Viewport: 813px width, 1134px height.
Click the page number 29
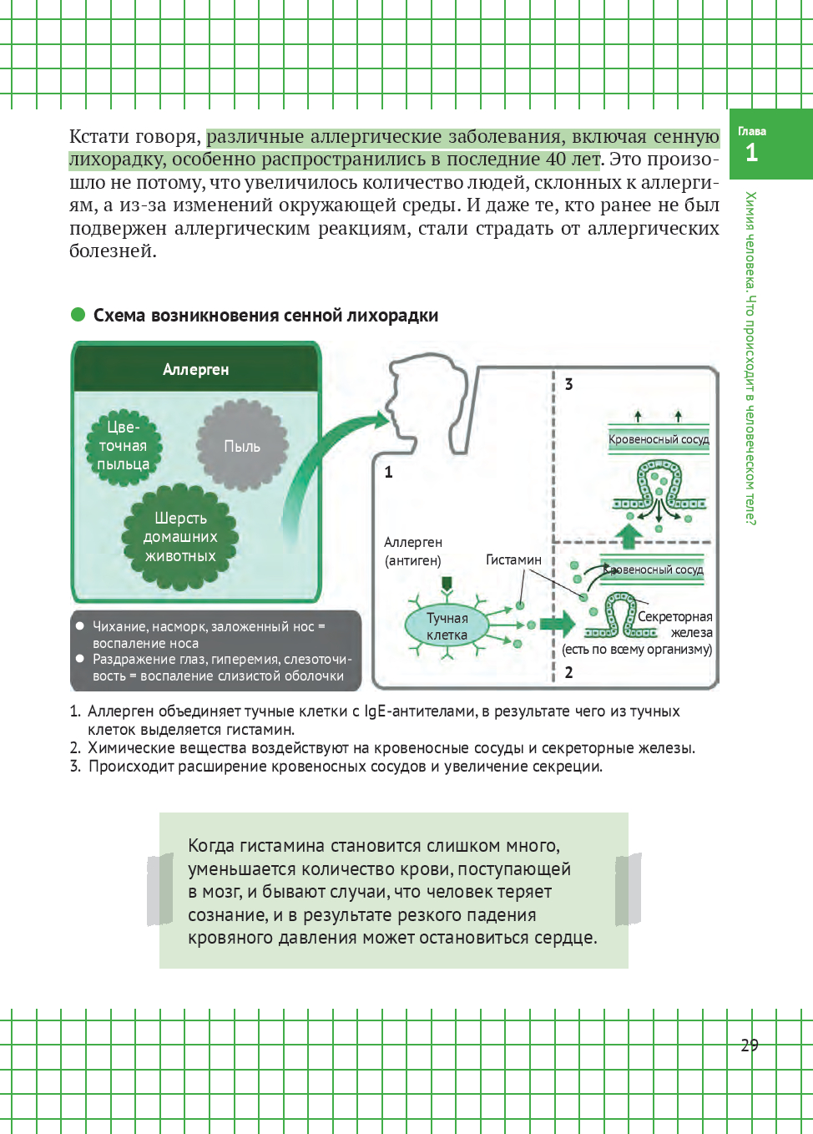(x=749, y=1045)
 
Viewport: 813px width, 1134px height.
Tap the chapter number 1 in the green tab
(x=751, y=153)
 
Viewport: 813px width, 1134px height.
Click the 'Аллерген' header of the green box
(x=195, y=369)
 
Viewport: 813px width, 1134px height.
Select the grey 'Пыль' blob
(x=242, y=446)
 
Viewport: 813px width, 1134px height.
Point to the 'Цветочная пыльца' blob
(x=124, y=446)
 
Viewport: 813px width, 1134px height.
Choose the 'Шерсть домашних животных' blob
(x=180, y=537)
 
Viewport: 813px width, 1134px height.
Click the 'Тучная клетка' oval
(x=447, y=626)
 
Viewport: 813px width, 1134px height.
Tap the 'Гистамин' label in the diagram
(x=513, y=559)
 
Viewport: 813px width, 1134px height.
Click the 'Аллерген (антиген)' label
(x=413, y=551)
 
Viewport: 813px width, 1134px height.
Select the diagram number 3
(x=568, y=384)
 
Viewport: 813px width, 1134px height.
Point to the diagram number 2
(x=568, y=672)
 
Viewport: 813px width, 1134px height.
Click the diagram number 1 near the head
(x=388, y=472)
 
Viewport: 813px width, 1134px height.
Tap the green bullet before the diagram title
(x=78, y=315)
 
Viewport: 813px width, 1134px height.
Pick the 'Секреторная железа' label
(x=675, y=624)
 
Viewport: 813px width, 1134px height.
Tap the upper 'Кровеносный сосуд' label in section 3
(x=659, y=439)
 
